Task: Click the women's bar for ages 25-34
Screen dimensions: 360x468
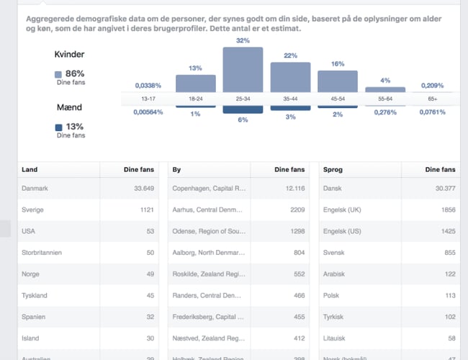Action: point(243,70)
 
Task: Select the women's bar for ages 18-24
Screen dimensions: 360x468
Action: point(196,84)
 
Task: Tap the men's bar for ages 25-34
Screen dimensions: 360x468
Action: point(243,109)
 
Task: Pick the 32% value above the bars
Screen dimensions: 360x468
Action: point(243,41)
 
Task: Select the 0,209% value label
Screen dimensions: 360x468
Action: point(432,85)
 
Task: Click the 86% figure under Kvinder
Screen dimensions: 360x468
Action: point(75,73)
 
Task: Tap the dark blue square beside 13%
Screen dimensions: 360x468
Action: point(58,127)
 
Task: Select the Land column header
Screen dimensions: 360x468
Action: point(30,170)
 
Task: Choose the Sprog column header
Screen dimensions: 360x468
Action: point(333,170)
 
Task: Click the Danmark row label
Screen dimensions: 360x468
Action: point(36,189)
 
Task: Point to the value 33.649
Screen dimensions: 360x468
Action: point(144,189)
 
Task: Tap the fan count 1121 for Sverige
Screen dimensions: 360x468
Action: point(147,210)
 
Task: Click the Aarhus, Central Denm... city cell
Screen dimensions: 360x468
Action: point(209,210)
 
